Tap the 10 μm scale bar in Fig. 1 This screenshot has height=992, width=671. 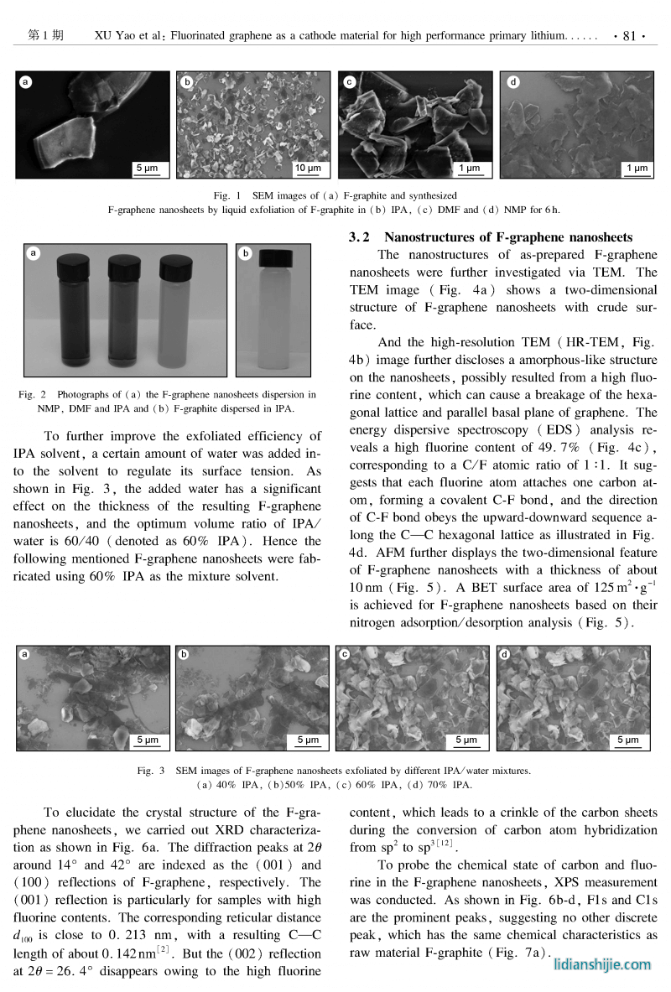tap(308, 169)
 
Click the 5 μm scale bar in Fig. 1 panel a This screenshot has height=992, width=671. tap(146, 169)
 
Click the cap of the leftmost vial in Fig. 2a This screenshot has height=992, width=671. tap(72, 268)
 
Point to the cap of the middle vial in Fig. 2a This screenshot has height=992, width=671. tap(124, 268)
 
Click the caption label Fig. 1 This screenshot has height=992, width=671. tap(223, 195)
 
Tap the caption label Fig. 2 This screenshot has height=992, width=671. tap(34, 394)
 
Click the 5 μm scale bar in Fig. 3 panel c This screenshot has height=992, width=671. tap(466, 740)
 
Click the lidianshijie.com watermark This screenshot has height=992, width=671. tap(602, 964)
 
